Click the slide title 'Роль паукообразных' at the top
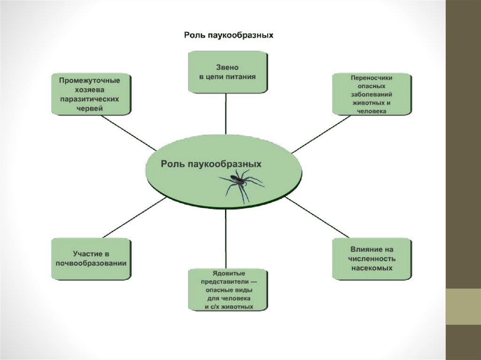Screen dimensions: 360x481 (228, 35)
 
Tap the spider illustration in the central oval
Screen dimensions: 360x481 (241, 184)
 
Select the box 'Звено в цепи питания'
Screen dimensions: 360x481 (228, 72)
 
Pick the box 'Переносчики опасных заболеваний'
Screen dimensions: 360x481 (371, 93)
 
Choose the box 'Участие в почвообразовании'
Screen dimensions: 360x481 (91, 259)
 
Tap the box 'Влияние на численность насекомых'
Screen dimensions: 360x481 (372, 259)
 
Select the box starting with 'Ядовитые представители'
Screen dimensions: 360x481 (228, 289)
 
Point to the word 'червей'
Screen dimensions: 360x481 (90, 108)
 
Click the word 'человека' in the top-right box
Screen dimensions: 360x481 (371, 112)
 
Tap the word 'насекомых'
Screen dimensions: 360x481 (372, 268)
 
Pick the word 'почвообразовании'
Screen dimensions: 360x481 (91, 263)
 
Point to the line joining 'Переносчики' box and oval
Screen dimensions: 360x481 (321, 134)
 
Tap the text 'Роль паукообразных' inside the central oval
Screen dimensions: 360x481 (211, 164)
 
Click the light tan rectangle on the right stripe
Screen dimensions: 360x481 (463, 306)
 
